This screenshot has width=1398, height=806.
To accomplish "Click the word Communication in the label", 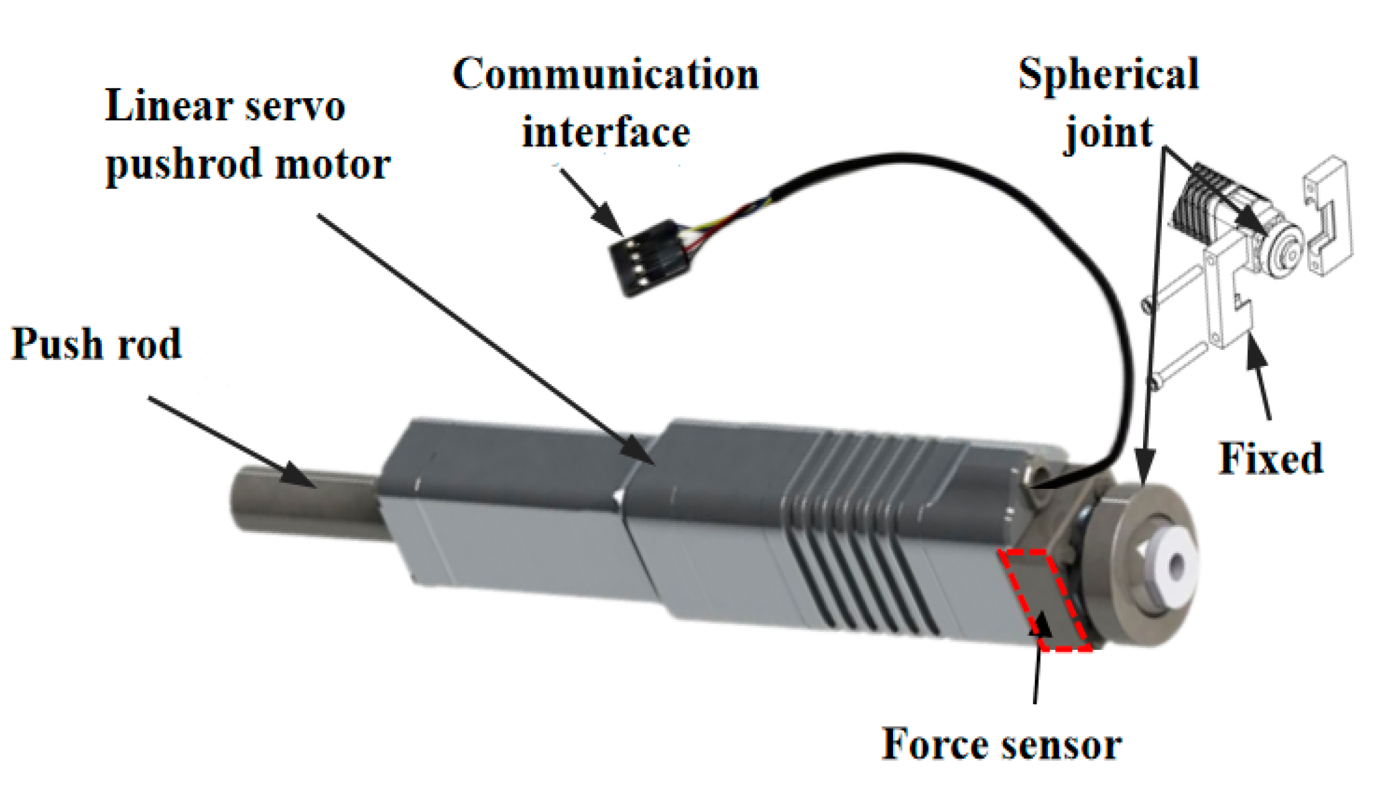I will point(605,74).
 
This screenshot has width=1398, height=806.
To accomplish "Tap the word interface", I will point(605,133).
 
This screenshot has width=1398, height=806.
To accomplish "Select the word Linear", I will point(168,106).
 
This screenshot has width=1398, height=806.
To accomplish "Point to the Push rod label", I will point(96,344).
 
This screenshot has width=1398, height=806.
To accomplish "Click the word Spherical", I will point(1107,74).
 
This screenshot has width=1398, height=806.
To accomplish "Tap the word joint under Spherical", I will point(1109,133).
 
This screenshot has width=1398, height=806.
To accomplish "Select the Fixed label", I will point(1270,458).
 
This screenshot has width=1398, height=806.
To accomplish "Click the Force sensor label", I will point(1001,744).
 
